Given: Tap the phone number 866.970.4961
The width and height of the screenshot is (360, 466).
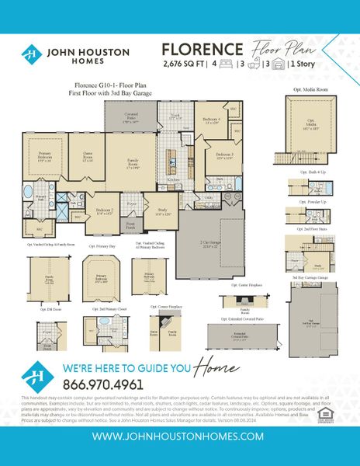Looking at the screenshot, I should (102, 384).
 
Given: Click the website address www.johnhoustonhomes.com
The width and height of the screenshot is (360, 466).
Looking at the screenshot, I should (179, 436).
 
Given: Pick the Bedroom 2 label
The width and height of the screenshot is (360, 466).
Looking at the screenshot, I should (104, 211).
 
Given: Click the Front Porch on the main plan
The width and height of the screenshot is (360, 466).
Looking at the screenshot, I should (130, 224).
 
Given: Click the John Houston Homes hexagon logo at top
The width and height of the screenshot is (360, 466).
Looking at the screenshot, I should (29, 55).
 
